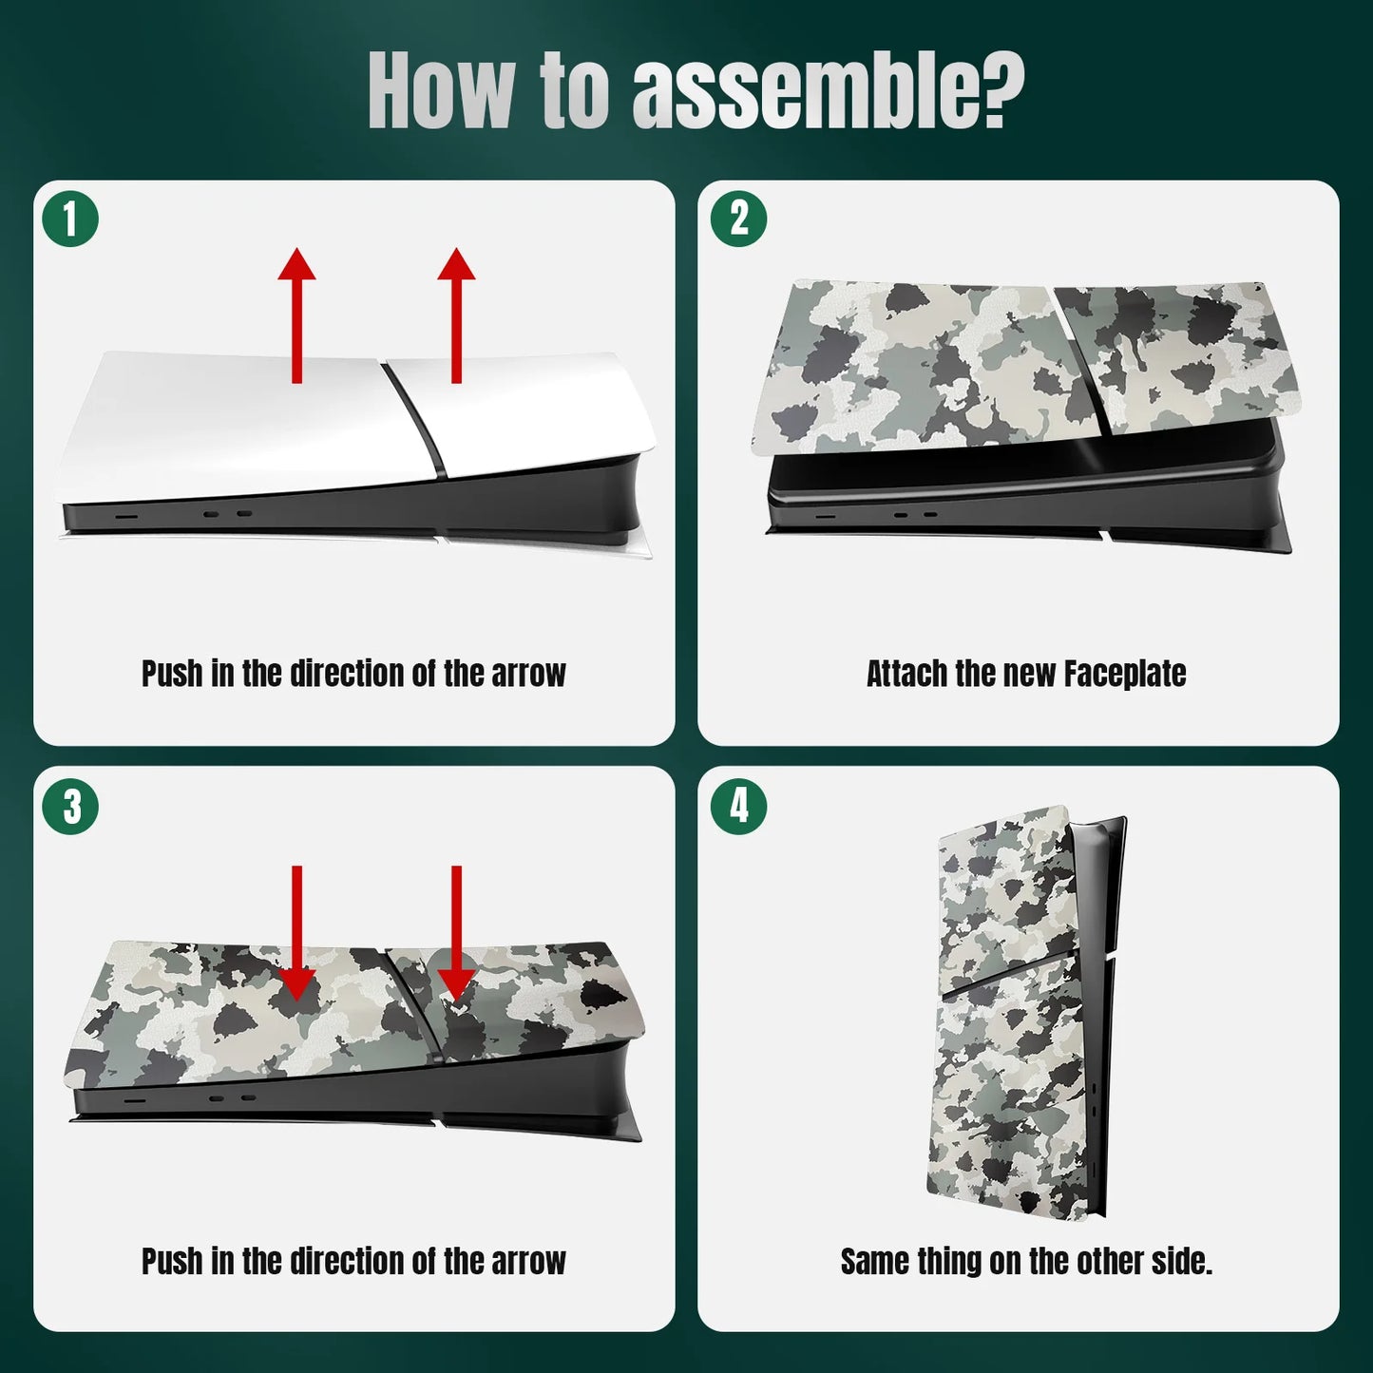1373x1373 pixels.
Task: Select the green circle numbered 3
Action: [x=70, y=807]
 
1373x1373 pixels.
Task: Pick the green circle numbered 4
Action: [x=739, y=807]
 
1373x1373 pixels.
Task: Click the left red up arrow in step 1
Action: [x=296, y=315]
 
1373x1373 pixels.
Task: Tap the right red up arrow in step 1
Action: [x=456, y=315]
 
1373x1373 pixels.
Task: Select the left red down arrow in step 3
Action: [x=296, y=933]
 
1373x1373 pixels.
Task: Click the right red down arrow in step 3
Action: [x=456, y=933]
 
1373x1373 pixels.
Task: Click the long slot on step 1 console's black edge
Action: [x=127, y=514]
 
